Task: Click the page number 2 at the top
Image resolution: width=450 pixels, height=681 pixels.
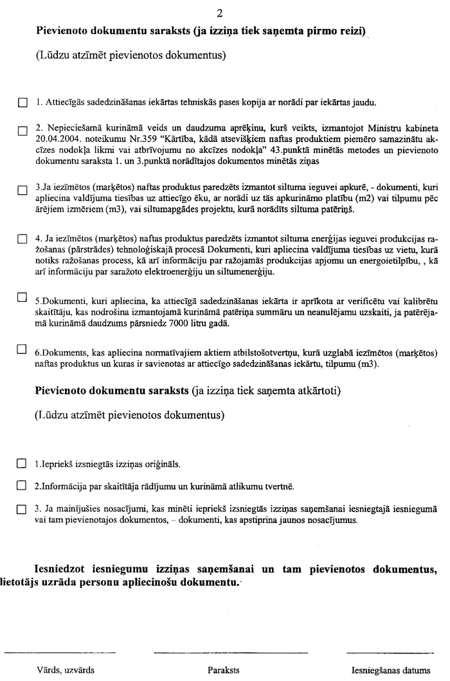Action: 224,11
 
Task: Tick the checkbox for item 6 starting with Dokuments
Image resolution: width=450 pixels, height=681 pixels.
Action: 22,349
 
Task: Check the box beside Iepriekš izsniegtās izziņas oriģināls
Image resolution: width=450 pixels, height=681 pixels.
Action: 22,463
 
